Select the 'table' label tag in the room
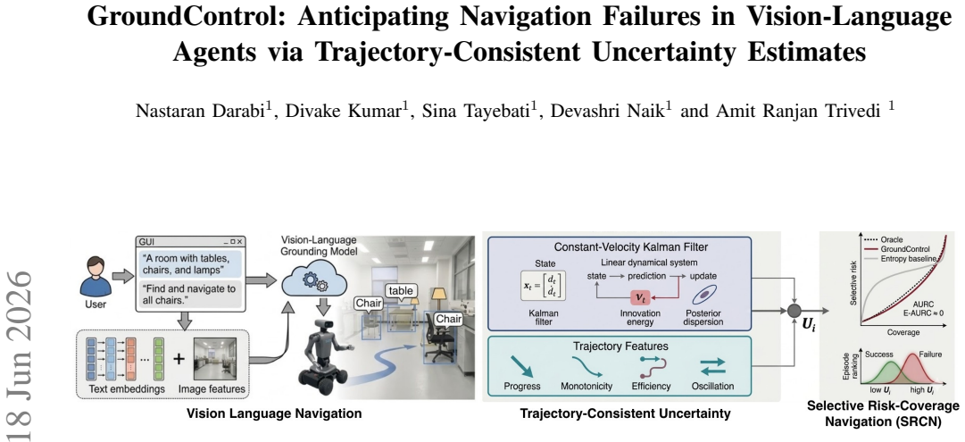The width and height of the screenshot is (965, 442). pyautogui.click(x=399, y=290)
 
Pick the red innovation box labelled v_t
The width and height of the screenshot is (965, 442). pyautogui.click(x=641, y=297)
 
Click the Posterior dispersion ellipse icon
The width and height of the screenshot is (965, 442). pyautogui.click(x=703, y=296)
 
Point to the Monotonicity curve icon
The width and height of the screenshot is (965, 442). pyautogui.click(x=586, y=367)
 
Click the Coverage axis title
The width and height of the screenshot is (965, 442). pyautogui.click(x=903, y=332)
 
